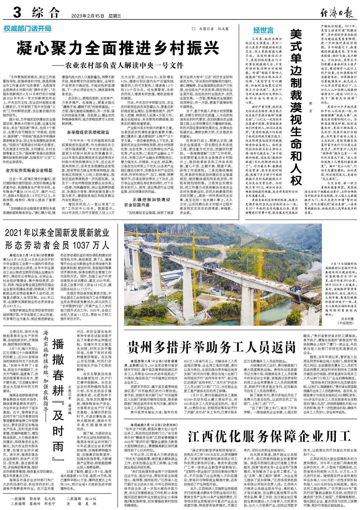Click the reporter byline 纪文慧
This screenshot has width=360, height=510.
point(223,28)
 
